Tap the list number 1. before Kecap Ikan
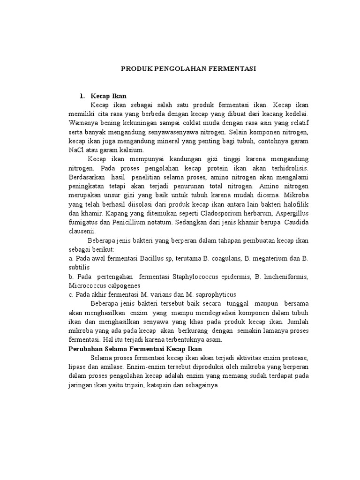tap(82, 96)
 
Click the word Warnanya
tap(83, 123)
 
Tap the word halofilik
tap(295, 204)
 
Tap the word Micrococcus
tap(87, 285)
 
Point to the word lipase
tap(78, 367)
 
